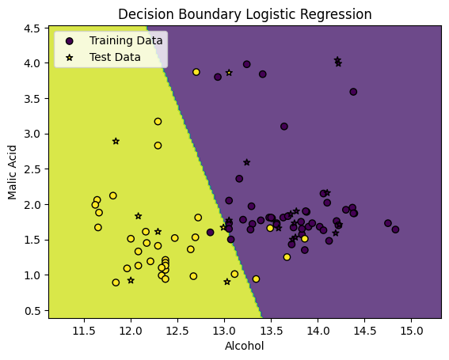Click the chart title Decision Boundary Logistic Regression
click(x=245, y=14)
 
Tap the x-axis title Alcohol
click(x=245, y=346)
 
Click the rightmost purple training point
click(x=395, y=229)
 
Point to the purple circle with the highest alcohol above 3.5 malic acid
click(x=353, y=92)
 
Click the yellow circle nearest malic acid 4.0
click(x=196, y=72)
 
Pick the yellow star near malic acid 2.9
click(x=116, y=141)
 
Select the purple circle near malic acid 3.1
click(x=284, y=127)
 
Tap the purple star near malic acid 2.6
click(x=247, y=162)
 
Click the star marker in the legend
click(x=70, y=57)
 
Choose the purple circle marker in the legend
click(x=70, y=40)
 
